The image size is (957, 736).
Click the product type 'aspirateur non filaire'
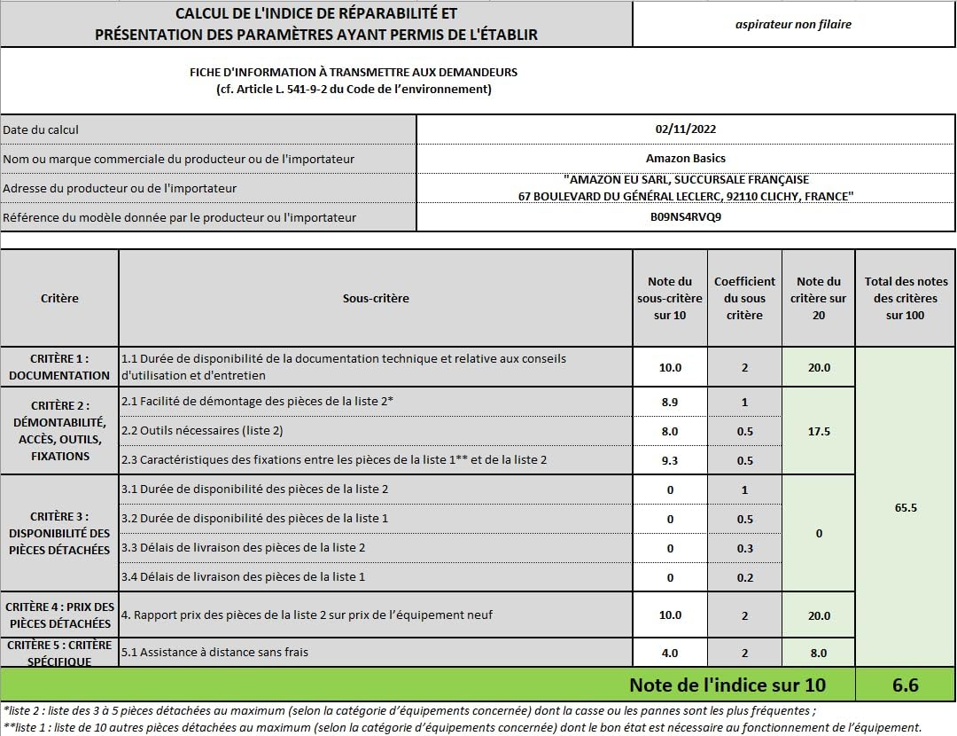point(793,24)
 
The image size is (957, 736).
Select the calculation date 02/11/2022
point(685,129)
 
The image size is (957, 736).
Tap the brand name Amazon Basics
point(685,159)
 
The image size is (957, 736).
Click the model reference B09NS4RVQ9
point(685,217)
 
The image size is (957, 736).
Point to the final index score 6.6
point(905,685)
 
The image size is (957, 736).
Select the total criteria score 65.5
point(905,508)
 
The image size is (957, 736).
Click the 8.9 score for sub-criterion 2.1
point(670,402)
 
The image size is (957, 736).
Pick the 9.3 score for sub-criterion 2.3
point(670,460)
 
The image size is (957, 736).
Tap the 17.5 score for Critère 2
point(818,432)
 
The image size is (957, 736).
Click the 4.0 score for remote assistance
point(670,653)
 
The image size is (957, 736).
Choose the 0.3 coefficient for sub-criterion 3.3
point(744,548)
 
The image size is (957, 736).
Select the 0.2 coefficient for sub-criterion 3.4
point(744,577)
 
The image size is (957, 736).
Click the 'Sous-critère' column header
point(376,298)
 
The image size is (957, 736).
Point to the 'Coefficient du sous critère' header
point(744,298)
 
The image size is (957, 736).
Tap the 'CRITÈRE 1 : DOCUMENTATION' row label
point(59,367)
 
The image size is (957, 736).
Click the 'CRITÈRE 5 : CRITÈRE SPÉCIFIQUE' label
point(59,653)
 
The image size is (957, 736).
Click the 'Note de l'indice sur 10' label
point(727,685)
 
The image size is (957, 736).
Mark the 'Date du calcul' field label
point(41,129)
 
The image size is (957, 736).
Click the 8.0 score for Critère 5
point(818,653)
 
